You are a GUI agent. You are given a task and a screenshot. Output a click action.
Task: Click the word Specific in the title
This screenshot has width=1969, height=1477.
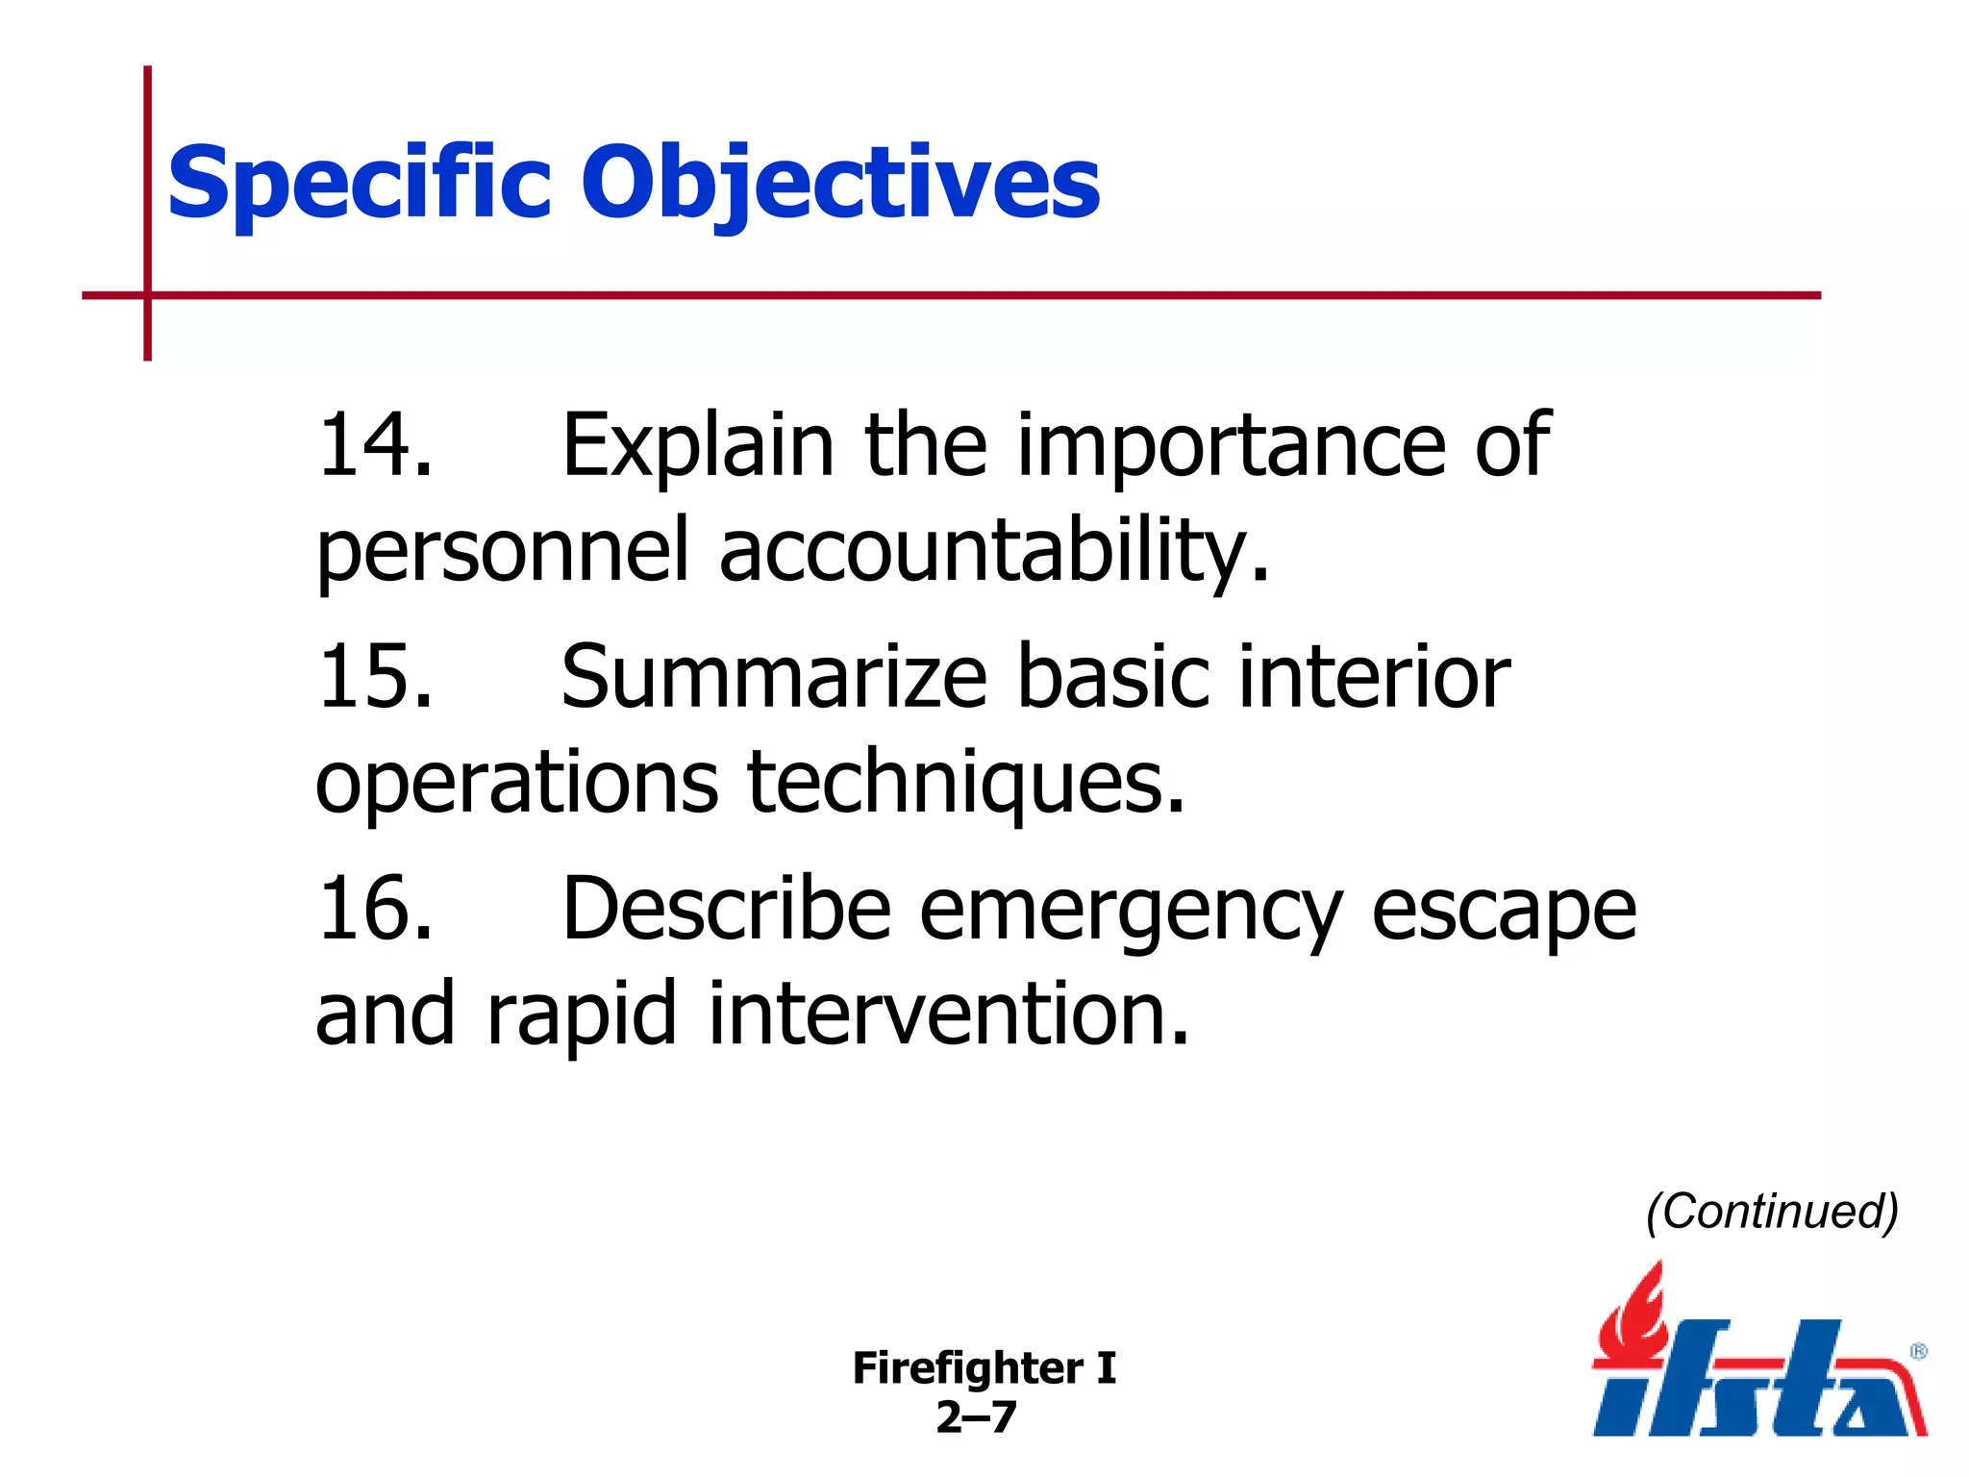359,183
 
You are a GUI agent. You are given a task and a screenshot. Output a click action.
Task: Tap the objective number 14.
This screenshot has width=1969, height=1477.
374,444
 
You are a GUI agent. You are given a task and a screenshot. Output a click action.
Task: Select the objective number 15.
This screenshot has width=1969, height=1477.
374,677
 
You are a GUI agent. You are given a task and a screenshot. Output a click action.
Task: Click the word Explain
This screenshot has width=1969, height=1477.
698,444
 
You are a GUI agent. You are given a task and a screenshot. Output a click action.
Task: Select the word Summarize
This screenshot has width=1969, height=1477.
774,677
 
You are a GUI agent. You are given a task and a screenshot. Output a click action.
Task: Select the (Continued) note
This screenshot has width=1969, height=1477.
1771,1212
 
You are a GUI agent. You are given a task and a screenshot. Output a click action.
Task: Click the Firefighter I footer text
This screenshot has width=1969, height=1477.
984,1367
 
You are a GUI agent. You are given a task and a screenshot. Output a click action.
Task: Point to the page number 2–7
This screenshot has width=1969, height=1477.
976,1417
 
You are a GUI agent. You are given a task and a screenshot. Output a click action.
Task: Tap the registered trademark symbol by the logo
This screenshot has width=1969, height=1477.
1918,1351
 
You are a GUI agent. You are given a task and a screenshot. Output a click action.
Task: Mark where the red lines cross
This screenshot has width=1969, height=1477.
147,295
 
